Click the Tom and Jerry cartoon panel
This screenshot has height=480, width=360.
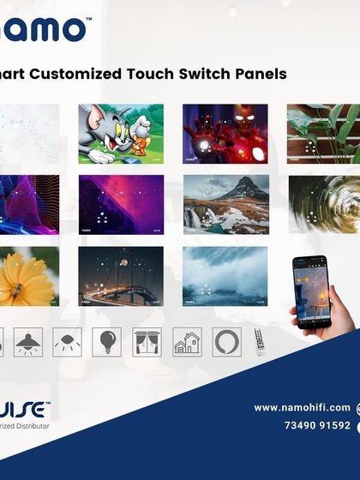pyautogui.click(x=121, y=134)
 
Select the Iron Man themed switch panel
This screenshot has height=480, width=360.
pyautogui.click(x=225, y=134)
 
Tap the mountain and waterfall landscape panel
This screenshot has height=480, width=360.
pyautogui.click(x=225, y=204)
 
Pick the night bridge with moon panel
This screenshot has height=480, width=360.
pyautogui.click(x=121, y=276)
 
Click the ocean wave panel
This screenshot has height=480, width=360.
pyautogui.click(x=225, y=276)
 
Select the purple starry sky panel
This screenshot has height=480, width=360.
pyautogui.click(x=121, y=204)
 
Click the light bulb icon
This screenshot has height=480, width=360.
pyautogui.click(x=106, y=342)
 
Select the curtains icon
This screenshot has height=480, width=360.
pyautogui.click(x=147, y=342)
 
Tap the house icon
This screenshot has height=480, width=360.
pyautogui.click(x=187, y=342)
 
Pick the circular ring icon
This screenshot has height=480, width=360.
pyautogui.click(x=226, y=342)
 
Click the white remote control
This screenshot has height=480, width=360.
pyautogui.click(x=260, y=342)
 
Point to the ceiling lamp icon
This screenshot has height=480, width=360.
pyautogui.click(x=28, y=342)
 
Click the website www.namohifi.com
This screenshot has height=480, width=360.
pyautogui.click(x=302, y=407)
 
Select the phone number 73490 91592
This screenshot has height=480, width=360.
pyautogui.click(x=316, y=425)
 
